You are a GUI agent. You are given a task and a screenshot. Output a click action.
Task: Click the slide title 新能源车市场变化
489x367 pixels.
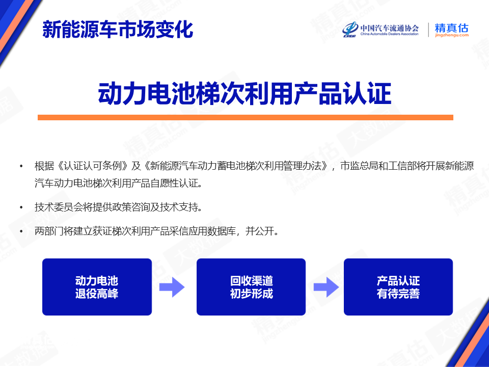(118, 30)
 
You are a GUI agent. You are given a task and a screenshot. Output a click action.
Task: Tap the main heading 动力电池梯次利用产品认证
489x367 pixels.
(244, 94)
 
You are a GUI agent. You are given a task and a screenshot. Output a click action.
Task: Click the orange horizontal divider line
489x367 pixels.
(245, 117)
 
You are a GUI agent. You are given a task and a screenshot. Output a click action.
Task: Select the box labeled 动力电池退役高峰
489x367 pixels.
(97, 287)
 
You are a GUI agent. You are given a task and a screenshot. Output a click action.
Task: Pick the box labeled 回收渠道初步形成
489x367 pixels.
(251, 287)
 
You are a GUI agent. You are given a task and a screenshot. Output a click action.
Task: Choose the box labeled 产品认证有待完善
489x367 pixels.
(398, 287)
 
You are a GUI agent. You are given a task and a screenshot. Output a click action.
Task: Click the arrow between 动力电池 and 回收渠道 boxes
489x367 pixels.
(172, 287)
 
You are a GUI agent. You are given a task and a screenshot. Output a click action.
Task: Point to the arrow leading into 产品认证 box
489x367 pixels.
(326, 287)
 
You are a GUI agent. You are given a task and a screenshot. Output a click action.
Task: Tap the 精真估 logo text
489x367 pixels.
(451, 28)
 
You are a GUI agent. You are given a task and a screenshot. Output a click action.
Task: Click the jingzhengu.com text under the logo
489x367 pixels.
(452, 35)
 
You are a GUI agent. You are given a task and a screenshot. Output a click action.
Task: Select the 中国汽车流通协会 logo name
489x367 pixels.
(390, 28)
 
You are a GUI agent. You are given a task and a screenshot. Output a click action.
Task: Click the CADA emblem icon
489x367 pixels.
(350, 30)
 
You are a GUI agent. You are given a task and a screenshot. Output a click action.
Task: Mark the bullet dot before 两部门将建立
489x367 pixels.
(21, 231)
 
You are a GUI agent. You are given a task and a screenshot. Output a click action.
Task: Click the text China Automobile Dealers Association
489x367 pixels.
(390, 34)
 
